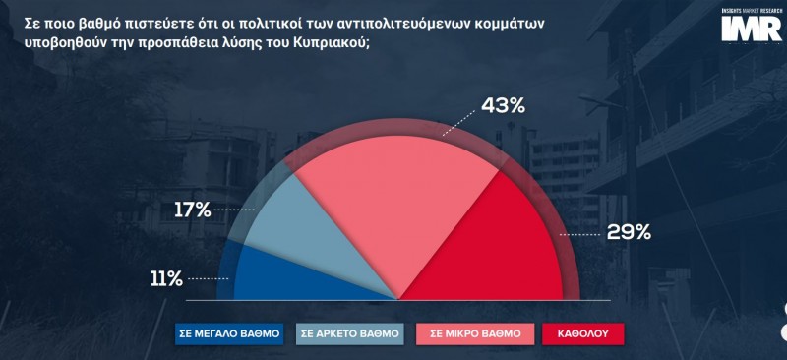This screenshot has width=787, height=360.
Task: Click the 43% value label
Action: pyautogui.click(x=503, y=106)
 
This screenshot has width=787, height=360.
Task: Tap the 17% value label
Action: pyautogui.click(x=192, y=210)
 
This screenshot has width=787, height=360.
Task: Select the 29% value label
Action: pyautogui.click(x=629, y=232)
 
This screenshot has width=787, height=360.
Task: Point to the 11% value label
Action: pyautogui.click(x=166, y=279)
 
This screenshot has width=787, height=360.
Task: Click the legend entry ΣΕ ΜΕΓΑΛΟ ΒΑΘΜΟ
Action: pyautogui.click(x=229, y=333)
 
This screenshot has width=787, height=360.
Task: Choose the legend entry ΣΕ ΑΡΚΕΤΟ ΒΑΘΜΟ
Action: pyautogui.click(x=350, y=333)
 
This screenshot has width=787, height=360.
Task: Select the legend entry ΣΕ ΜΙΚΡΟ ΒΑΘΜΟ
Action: pyautogui.click(x=475, y=333)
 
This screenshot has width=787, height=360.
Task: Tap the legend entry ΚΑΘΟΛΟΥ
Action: pyautogui.click(x=583, y=333)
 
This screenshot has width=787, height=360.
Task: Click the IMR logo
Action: pyautogui.click(x=752, y=26)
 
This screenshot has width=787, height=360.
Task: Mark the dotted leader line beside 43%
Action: pyautogui.click(x=459, y=123)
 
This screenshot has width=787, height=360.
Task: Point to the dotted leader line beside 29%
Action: pyautogui.click(x=579, y=234)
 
